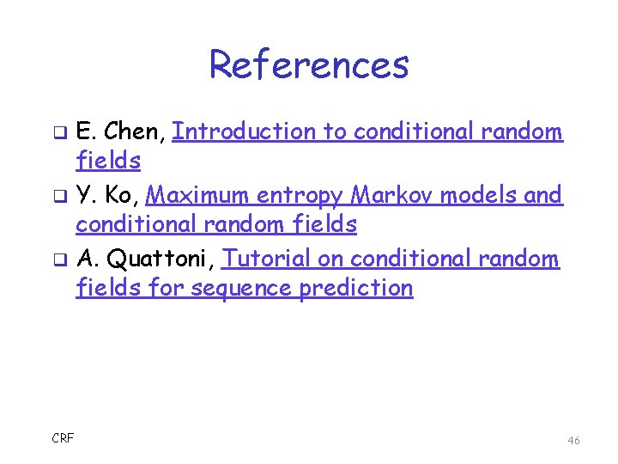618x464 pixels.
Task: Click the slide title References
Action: pos(309,64)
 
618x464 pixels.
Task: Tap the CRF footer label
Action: pos(63,438)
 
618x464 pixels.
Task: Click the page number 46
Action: pos(573,440)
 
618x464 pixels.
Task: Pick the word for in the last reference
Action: pos(167,288)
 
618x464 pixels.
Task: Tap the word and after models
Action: pos(543,195)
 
